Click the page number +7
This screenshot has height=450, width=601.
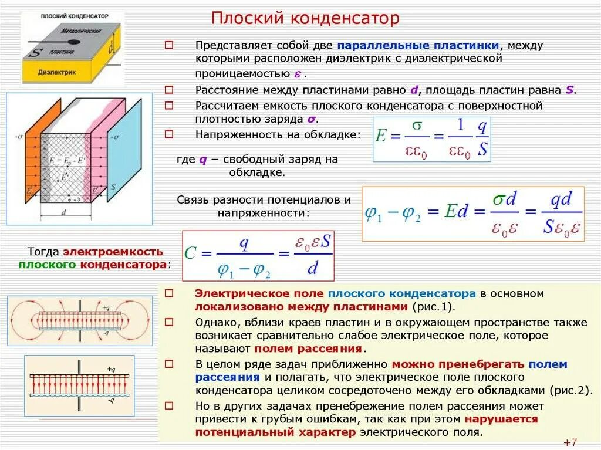(x=570, y=442)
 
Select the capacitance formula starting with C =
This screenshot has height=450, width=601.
(x=258, y=255)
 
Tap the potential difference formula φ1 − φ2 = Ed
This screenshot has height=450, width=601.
(x=472, y=214)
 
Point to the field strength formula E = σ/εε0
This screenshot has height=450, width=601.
(x=431, y=139)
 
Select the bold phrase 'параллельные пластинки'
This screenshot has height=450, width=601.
(x=418, y=45)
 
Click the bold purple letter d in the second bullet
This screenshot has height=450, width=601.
(x=414, y=90)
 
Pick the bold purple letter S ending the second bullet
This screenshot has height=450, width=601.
(x=569, y=90)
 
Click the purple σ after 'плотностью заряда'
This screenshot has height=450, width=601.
(x=311, y=119)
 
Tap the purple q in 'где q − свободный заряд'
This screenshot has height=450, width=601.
(x=203, y=160)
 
